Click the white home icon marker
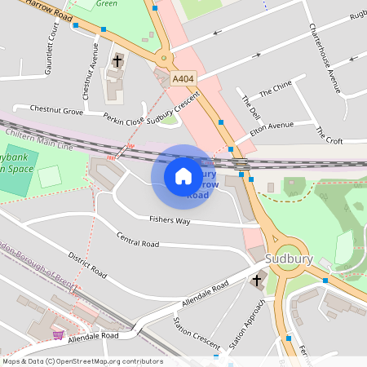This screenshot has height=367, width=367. [183, 176]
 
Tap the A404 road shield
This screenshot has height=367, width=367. [183, 79]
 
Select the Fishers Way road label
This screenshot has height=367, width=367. [170, 220]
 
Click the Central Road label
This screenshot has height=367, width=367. [137, 241]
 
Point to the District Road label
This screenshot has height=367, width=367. [87, 265]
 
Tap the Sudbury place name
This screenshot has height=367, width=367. [290, 259]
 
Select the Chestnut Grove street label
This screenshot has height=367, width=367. [56, 109]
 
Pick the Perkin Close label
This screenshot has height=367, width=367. [123, 119]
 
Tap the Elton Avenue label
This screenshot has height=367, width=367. [271, 127]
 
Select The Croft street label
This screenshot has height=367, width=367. [329, 135]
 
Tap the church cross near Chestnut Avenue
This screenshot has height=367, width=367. [117, 60]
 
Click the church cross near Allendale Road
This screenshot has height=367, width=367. [257, 281]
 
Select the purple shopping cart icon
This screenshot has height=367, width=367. [58, 334]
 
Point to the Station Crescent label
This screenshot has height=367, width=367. [197, 334]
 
